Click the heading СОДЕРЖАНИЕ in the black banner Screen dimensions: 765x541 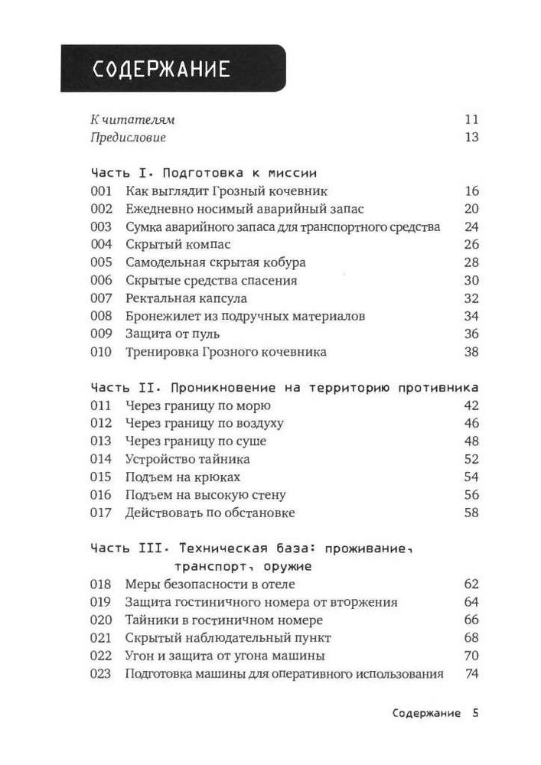pyautogui.click(x=161, y=70)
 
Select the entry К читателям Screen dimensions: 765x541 pyautogui.click(x=132, y=119)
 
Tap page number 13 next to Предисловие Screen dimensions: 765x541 pyautogui.click(x=471, y=138)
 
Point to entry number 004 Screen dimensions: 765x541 pyautogui.click(x=101, y=245)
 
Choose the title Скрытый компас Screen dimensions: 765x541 pyautogui.click(x=172, y=245)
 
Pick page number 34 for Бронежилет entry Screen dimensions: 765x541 pyautogui.click(x=471, y=316)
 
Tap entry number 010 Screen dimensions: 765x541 pyautogui.click(x=101, y=352)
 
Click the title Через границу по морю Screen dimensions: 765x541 pyautogui.click(x=197, y=405)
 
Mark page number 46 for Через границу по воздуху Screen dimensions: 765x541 pyautogui.click(x=471, y=423)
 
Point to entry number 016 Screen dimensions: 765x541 pyautogui.click(x=101, y=495)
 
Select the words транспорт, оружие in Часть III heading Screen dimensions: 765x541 pyautogui.click(x=243, y=566)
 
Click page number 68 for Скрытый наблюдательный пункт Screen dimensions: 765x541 pyautogui.click(x=471, y=638)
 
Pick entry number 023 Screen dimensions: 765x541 pyautogui.click(x=101, y=674)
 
